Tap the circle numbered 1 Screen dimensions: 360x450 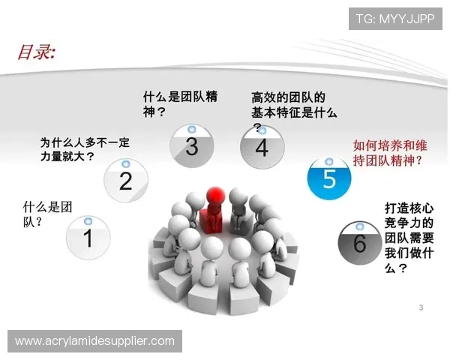[88, 238]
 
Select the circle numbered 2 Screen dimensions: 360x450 [125, 180]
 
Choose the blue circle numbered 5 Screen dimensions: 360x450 [329, 178]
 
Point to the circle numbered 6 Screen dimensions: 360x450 [359, 243]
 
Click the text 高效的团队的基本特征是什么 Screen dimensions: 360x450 [293, 106]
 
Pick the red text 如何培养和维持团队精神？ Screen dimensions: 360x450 [387, 153]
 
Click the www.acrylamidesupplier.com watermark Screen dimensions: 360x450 [94, 341]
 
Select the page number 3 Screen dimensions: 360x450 [421, 307]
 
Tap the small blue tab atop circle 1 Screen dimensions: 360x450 [88, 221]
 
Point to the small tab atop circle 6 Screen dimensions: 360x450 [358, 225]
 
